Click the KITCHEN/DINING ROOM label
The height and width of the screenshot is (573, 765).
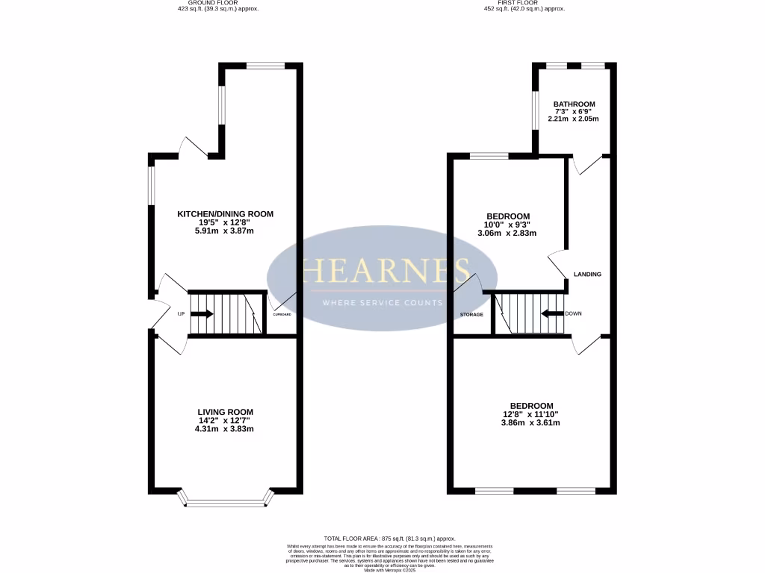(225, 214)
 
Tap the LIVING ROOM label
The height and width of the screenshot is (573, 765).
(225, 412)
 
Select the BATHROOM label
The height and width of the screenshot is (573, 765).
(574, 104)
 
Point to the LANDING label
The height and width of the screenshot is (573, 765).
(587, 275)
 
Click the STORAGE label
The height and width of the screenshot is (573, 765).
(471, 315)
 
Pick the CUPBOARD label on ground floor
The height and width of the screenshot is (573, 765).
(282, 315)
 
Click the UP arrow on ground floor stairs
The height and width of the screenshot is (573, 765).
(202, 314)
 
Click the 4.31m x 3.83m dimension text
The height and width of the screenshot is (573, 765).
(225, 429)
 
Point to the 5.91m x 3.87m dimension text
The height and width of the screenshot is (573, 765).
(225, 231)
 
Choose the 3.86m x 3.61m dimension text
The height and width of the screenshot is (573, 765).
(531, 423)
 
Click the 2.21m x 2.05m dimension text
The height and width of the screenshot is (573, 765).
(574, 119)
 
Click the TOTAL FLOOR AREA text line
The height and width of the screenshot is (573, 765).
(389, 539)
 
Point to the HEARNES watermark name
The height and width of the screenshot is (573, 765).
(385, 270)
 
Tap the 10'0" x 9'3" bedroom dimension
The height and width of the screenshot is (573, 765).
(508, 225)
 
